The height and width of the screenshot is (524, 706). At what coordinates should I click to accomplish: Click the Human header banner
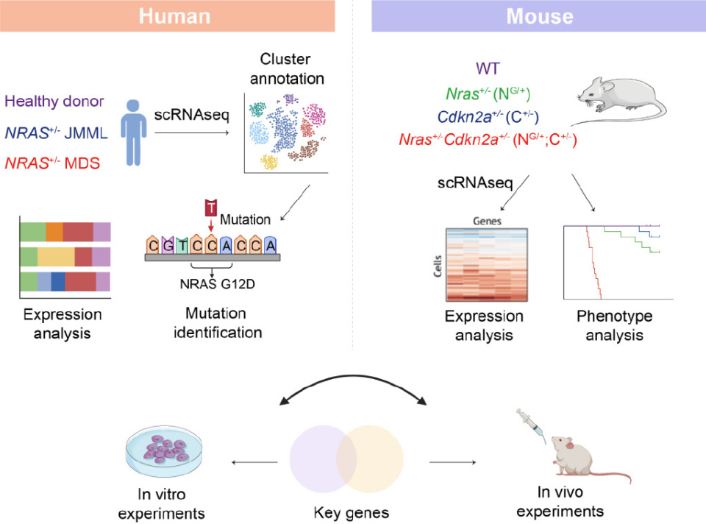[x=175, y=15]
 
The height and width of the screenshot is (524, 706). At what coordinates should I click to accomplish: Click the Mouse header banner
[x=539, y=15]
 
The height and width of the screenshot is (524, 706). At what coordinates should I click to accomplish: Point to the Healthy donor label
[x=54, y=102]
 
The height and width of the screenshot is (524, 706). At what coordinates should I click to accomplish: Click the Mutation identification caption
[x=218, y=322]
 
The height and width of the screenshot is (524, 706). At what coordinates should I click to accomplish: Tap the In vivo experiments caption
[x=570, y=502]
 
